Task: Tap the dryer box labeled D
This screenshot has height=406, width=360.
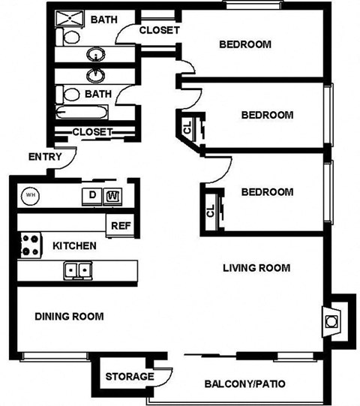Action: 91,197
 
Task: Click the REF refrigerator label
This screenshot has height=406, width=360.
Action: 120,225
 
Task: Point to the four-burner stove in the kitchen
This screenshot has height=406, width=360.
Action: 29,245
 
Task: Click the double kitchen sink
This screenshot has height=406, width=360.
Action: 77,269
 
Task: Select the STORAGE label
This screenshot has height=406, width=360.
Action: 129,376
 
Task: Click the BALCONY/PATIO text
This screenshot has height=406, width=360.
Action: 244,385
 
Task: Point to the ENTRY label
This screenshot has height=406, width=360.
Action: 44,157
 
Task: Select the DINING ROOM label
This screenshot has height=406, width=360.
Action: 69,316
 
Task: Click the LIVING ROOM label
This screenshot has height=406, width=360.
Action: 257,268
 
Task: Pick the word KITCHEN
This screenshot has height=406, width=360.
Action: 74,245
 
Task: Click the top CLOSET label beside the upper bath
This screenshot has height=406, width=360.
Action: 160,31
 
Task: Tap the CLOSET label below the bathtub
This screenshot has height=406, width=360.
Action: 92,132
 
